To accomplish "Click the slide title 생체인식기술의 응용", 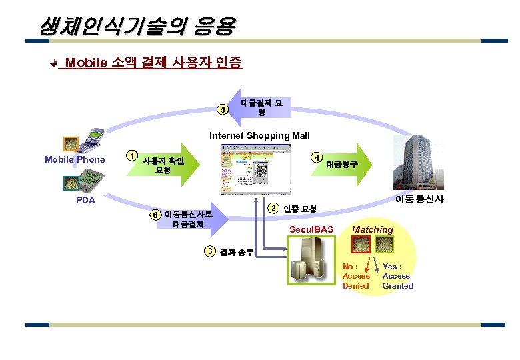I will tap(137, 27).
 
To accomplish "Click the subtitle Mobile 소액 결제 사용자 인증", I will tap(153, 63).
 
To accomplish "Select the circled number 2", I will tap(273, 208).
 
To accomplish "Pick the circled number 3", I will tap(209, 251).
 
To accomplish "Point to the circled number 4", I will tap(317, 157).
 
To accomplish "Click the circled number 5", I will tap(225, 109).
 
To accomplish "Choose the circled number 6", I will tap(155, 215).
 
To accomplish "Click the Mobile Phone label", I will tap(75, 159).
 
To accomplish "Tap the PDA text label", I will tap(85, 199).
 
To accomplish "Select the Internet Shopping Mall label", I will tap(259, 135).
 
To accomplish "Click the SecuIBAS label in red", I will tap(311, 229).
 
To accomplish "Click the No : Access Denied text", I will tap(356, 276).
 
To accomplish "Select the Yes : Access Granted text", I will tap(397, 276).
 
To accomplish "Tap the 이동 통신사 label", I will tap(419, 199).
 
